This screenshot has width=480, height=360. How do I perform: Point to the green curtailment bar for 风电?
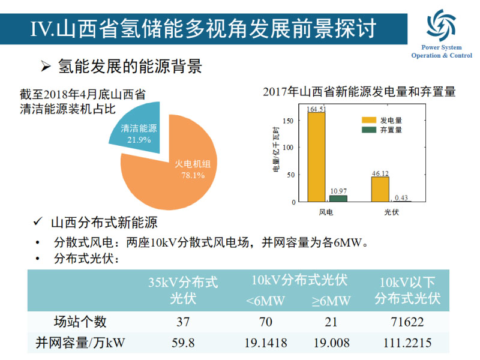pyautogui.click(x=338, y=199)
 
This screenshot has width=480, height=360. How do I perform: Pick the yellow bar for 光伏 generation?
pyautogui.click(x=380, y=189)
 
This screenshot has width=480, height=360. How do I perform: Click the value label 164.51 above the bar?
pyautogui.click(x=316, y=109)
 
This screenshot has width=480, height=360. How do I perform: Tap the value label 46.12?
pyautogui.click(x=380, y=173)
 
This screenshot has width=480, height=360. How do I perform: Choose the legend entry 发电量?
pyautogui.click(x=391, y=120)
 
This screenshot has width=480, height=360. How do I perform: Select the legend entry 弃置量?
pyautogui.click(x=391, y=129)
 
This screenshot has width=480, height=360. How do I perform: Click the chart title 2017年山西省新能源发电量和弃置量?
pyautogui.click(x=359, y=92)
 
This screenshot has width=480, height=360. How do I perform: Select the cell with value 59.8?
pyautogui.click(x=183, y=343)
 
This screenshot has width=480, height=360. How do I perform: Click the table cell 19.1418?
pyautogui.click(x=266, y=343)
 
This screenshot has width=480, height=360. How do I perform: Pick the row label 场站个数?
pyautogui.click(x=80, y=322)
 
